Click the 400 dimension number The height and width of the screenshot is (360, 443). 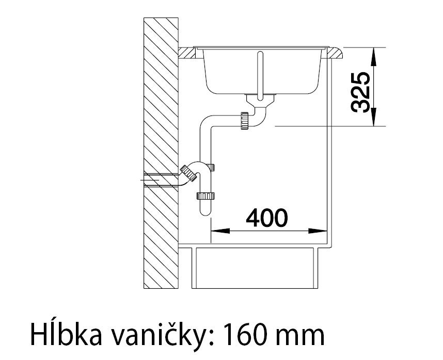[267, 218]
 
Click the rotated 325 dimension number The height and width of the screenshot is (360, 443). [360, 92]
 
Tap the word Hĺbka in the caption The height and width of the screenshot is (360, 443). [66, 335]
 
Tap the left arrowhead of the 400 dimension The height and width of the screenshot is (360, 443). [220, 231]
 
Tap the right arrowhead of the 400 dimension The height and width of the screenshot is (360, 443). [318, 231]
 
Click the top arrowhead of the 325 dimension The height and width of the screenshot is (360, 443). [374, 57]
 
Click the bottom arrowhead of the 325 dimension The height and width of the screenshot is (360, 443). [374, 117]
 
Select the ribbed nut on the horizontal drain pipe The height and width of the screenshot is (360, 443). [245, 121]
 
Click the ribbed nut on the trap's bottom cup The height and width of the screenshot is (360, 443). [205, 196]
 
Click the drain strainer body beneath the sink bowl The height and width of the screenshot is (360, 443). [260, 100]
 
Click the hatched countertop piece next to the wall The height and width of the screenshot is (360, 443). [186, 53]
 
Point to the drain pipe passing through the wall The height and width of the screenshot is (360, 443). [161, 179]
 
